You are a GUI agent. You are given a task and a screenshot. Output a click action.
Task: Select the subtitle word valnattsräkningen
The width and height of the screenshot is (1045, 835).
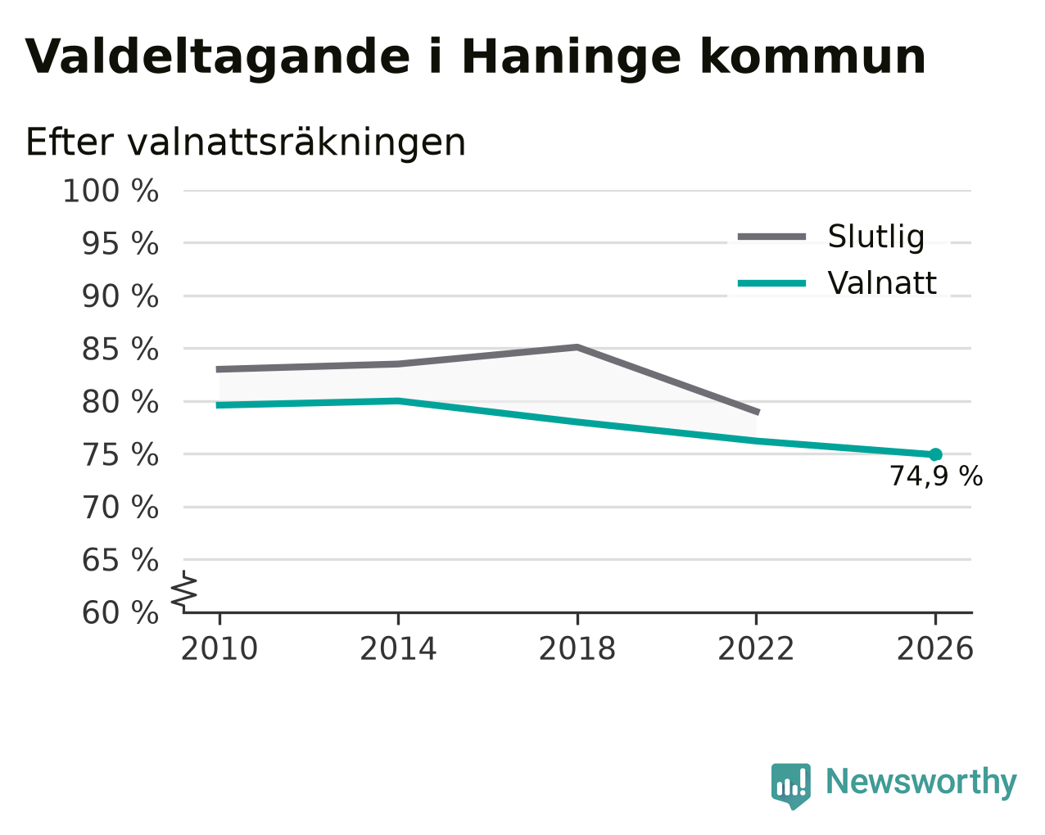(x=296, y=143)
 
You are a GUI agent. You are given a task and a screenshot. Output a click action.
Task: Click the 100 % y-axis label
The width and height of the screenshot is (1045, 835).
(x=111, y=191)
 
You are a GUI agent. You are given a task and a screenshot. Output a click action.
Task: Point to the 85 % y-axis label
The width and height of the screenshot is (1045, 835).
(x=120, y=349)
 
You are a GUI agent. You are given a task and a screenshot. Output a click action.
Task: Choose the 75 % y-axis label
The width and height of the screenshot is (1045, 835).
(x=120, y=455)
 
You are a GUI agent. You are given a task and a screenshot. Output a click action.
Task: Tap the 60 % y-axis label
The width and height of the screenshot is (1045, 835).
(x=120, y=613)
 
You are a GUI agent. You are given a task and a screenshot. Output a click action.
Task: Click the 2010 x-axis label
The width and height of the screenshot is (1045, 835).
(x=219, y=649)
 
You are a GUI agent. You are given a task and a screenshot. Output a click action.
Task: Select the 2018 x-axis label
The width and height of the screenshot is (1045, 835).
(x=577, y=649)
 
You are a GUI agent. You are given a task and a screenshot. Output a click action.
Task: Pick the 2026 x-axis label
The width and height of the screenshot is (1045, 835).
(x=935, y=649)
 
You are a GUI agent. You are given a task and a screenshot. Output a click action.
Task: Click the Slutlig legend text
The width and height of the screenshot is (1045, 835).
(x=876, y=237)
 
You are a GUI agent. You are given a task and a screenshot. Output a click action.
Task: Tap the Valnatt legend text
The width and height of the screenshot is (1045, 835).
(x=882, y=283)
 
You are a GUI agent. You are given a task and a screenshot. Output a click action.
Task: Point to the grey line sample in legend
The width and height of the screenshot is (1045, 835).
(x=771, y=237)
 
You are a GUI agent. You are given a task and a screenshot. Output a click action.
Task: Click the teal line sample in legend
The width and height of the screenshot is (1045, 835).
(x=771, y=283)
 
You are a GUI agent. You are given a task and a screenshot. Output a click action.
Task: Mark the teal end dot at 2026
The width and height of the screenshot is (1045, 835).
(x=935, y=455)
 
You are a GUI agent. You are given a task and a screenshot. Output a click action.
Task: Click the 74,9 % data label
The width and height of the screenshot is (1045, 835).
(x=936, y=476)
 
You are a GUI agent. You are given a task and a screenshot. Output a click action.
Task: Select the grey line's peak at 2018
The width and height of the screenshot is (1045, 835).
(x=577, y=347)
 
